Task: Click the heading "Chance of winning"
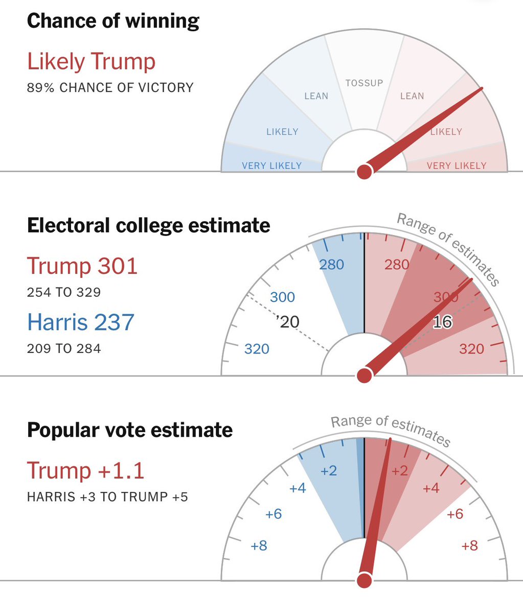pyautogui.click(x=113, y=21)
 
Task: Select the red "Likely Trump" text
pyautogui.click(x=91, y=62)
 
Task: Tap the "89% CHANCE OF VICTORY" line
pyautogui.click(x=110, y=88)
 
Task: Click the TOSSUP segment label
pyautogui.click(x=364, y=83)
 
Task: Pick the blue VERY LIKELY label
pyautogui.click(x=271, y=166)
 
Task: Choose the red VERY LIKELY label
pyautogui.click(x=456, y=166)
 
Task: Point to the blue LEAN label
pyautogui.click(x=316, y=96)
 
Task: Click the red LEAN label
pyautogui.click(x=412, y=96)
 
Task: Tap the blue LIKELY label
pyautogui.click(x=282, y=132)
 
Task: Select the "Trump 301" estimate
pyautogui.click(x=82, y=266)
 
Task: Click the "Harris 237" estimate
pyautogui.click(x=80, y=322)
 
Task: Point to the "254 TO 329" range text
pyautogui.click(x=64, y=293)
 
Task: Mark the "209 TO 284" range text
pyautogui.click(x=64, y=349)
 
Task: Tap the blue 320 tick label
pyautogui.click(x=257, y=349)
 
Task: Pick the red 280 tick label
pyautogui.click(x=397, y=265)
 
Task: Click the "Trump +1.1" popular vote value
pyautogui.click(x=85, y=470)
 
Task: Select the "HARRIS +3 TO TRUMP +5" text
pyautogui.click(x=107, y=497)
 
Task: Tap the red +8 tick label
pyautogui.click(x=469, y=546)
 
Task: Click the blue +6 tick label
pyautogui.click(x=274, y=514)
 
